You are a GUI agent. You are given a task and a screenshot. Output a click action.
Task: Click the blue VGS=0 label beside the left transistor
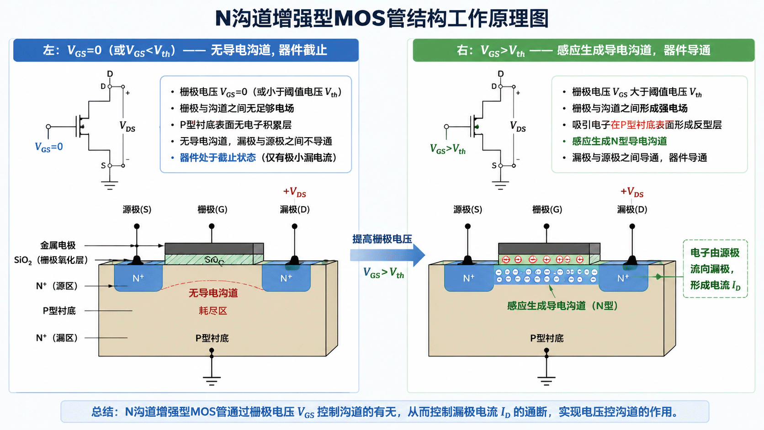pyautogui.click(x=49, y=147)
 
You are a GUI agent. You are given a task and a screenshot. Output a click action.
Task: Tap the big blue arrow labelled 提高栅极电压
pyautogui.click(x=387, y=255)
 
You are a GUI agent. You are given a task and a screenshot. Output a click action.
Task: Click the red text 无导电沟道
pyautogui.click(x=213, y=293)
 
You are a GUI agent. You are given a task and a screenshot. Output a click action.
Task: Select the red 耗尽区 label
pyautogui.click(x=213, y=311)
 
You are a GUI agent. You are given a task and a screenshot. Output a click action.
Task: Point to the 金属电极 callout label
pyautogui.click(x=58, y=245)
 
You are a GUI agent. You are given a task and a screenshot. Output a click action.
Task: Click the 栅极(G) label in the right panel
pyautogui.click(x=547, y=209)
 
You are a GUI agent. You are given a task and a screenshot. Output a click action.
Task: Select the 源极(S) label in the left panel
pyautogui.click(x=137, y=209)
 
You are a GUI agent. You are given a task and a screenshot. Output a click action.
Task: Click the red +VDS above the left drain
pyautogui.click(x=295, y=192)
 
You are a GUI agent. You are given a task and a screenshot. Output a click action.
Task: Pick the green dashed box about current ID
pyautogui.click(x=715, y=269)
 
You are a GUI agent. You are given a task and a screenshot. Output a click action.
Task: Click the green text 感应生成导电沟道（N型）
pyautogui.click(x=563, y=306)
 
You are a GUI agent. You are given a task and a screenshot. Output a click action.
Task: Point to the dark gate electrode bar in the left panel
pyautogui.click(x=214, y=249)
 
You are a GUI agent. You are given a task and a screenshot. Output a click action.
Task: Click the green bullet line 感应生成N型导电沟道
pyautogui.click(x=620, y=141)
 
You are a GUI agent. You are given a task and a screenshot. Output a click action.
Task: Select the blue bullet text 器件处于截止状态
pyautogui.click(x=218, y=158)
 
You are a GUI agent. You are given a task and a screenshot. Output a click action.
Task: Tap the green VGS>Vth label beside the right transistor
pyautogui.click(x=447, y=149)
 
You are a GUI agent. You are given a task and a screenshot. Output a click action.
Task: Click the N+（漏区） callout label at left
pyautogui.click(x=57, y=338)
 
